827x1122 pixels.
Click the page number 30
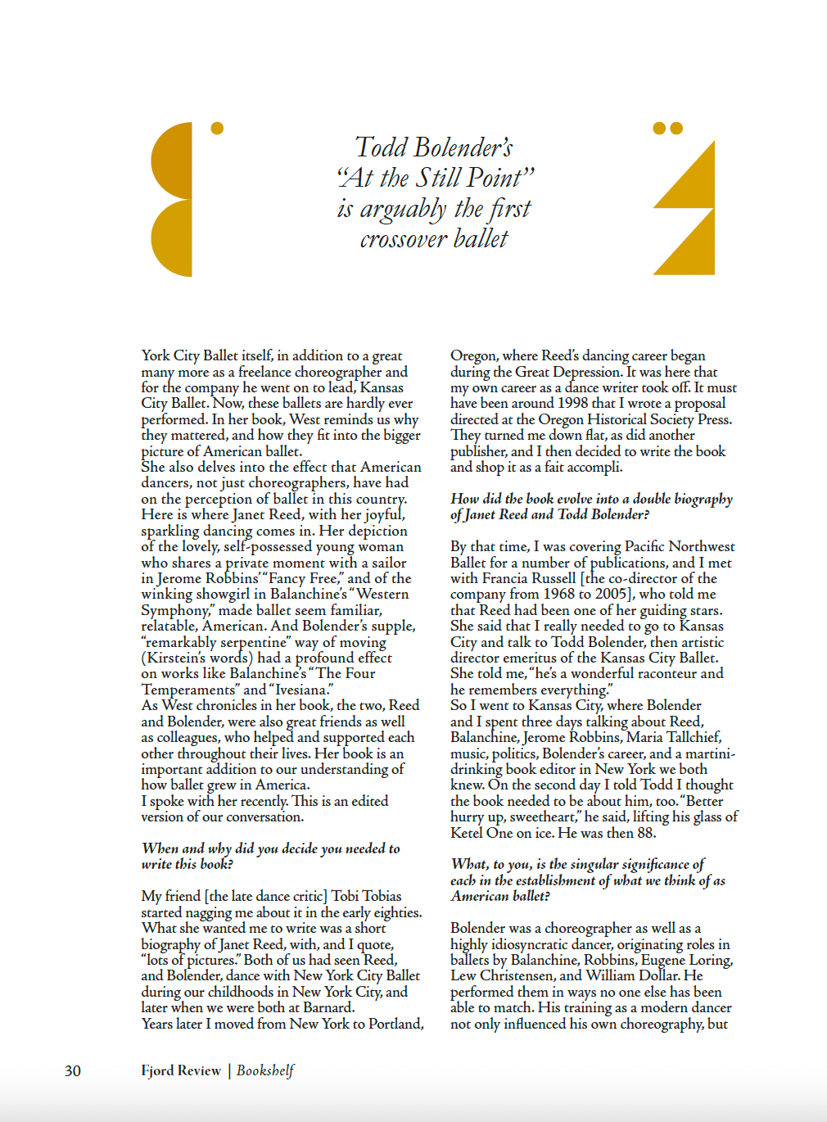pyautogui.click(x=73, y=1071)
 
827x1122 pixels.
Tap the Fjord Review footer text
pyautogui.click(x=181, y=1070)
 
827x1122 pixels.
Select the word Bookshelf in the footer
pyautogui.click(x=265, y=1070)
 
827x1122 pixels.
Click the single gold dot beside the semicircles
pyautogui.click(x=217, y=128)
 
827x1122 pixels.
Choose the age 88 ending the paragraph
pyautogui.click(x=646, y=833)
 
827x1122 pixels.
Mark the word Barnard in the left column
pyautogui.click(x=327, y=1007)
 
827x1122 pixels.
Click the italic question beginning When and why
pyautogui.click(x=270, y=856)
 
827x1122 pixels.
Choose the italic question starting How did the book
pyautogui.click(x=591, y=506)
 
